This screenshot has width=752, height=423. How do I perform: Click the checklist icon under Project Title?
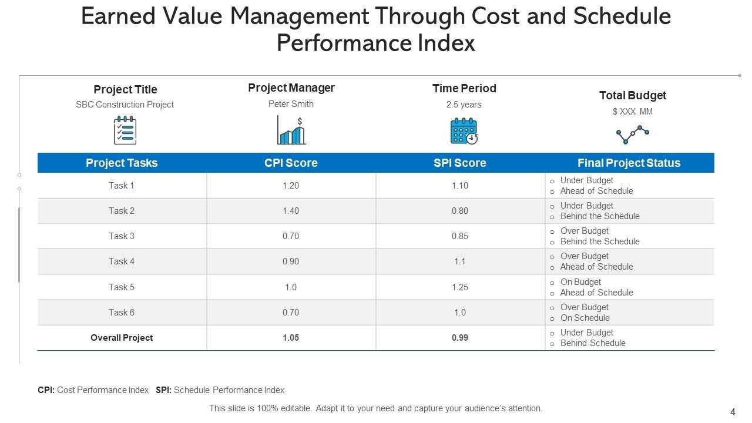coord(125,130)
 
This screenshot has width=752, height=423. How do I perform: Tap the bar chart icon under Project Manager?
coord(291,130)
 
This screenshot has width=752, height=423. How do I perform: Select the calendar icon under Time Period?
coord(464,131)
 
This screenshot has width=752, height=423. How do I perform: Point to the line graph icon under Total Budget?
coord(633,135)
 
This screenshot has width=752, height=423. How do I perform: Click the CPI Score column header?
coord(291,163)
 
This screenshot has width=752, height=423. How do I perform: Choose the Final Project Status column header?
coord(629,163)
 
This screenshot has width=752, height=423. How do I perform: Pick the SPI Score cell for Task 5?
coord(459,287)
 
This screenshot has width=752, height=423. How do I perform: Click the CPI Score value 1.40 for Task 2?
coord(291,211)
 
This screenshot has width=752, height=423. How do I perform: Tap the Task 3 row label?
coord(122,236)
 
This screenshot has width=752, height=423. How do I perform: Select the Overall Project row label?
coord(122,338)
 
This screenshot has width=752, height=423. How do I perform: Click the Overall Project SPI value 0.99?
coord(459,338)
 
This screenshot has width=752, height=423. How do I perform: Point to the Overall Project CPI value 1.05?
coord(291,338)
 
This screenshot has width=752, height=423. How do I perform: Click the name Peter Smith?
coord(291,104)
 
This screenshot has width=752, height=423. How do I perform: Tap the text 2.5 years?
coord(464,105)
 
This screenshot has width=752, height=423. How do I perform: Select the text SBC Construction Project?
coord(125,105)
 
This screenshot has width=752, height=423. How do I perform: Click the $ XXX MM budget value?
coord(632,112)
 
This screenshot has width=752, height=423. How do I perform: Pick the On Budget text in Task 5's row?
coord(580,282)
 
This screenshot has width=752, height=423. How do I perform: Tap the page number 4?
coord(733,412)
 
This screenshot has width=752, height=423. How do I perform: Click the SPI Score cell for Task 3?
coord(459,236)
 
